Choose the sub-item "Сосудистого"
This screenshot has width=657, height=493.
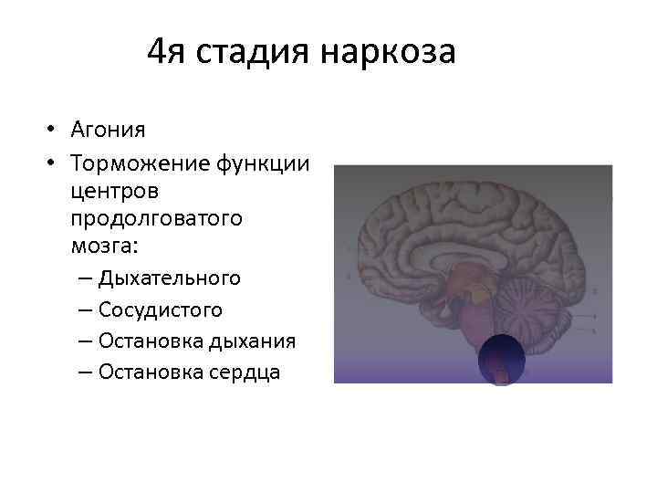click(x=161, y=309)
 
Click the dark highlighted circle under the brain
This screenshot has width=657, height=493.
click(x=501, y=359)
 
